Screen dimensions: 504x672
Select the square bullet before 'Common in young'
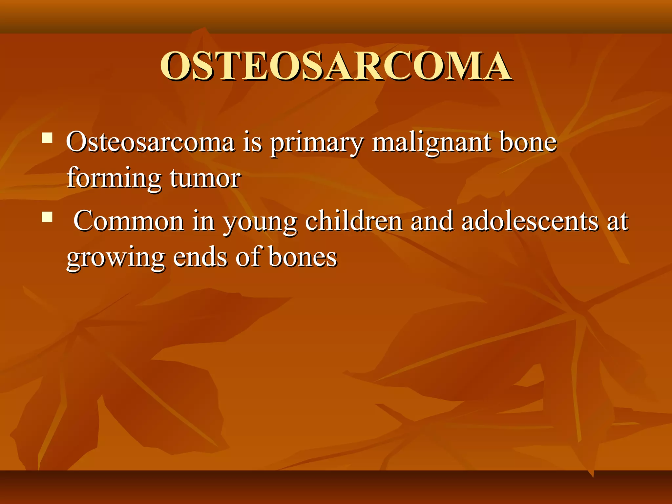pyautogui.click(x=47, y=217)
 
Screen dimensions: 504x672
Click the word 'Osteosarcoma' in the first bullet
pyautogui.click(x=150, y=142)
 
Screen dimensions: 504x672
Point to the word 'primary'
pyautogui.click(x=317, y=143)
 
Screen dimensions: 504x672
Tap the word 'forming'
pyautogui.click(x=114, y=179)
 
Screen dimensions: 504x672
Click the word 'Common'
pyautogui.click(x=128, y=221)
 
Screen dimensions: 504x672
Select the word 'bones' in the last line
pyautogui.click(x=302, y=257)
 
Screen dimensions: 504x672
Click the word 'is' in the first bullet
pyautogui.click(x=252, y=142)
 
